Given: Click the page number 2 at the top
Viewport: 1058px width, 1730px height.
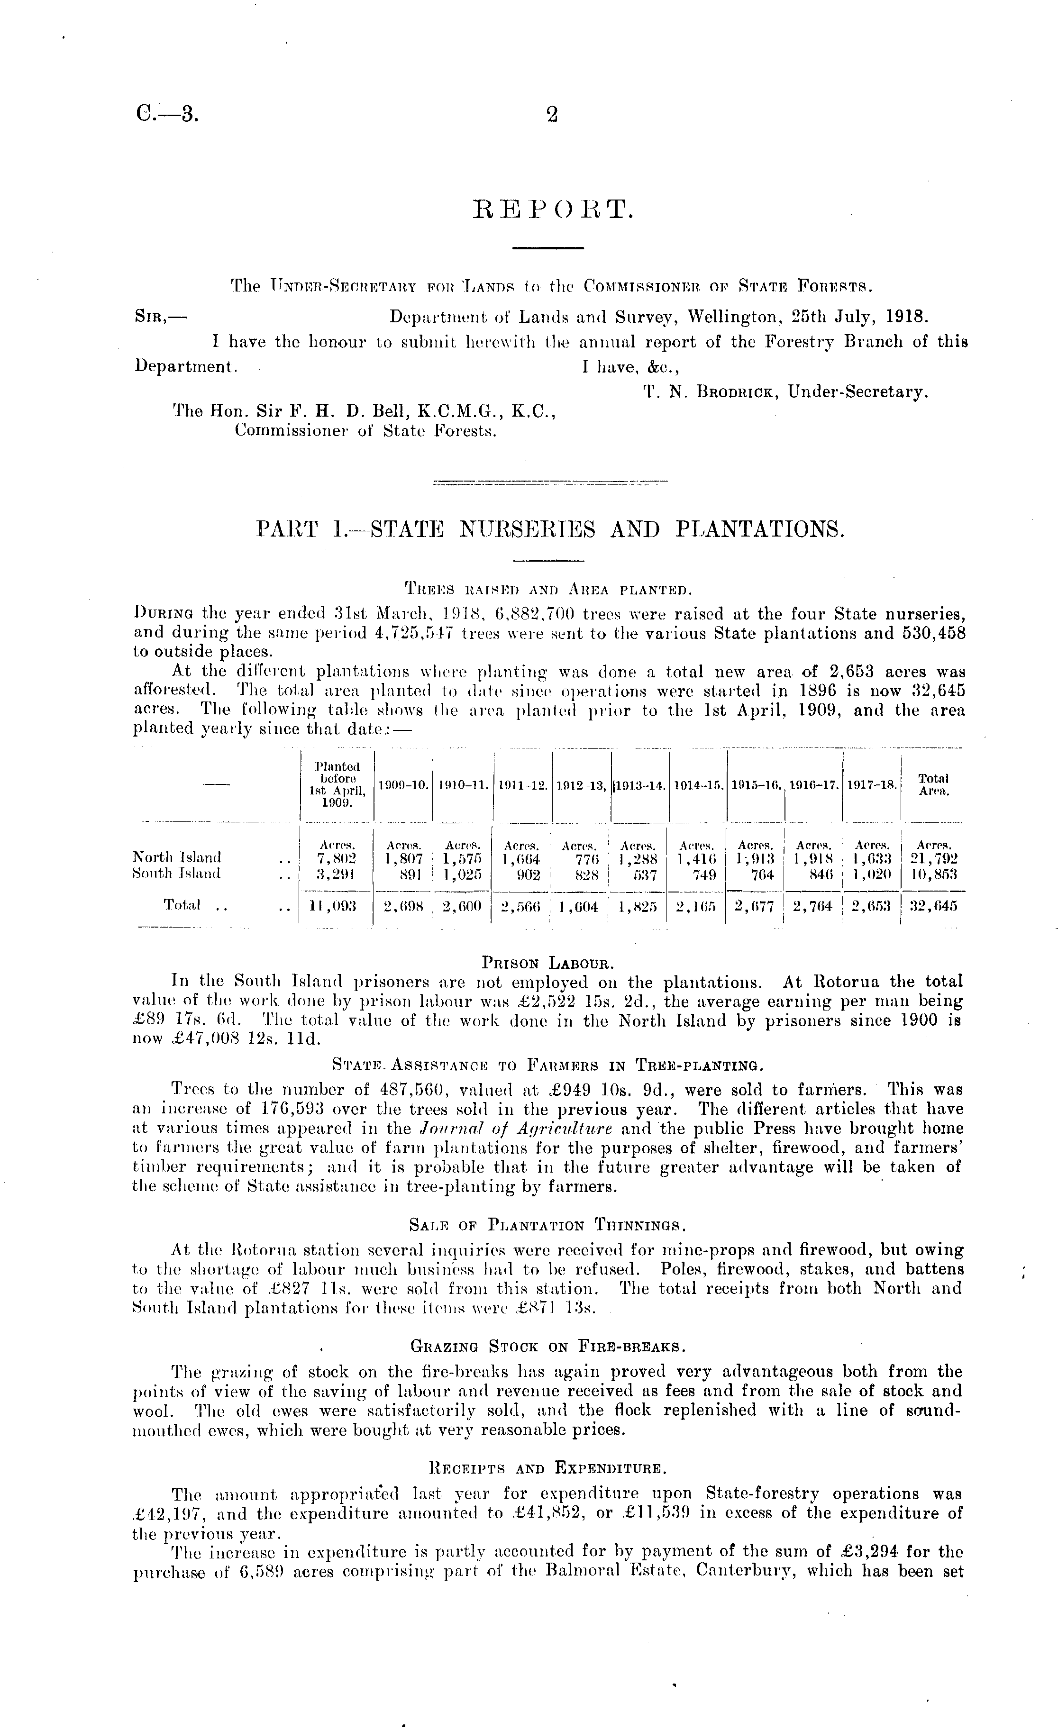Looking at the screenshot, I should coord(552,115).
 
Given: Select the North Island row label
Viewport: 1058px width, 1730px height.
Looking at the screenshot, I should coord(177,857).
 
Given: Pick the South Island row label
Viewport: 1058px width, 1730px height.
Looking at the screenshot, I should coord(176,874).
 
